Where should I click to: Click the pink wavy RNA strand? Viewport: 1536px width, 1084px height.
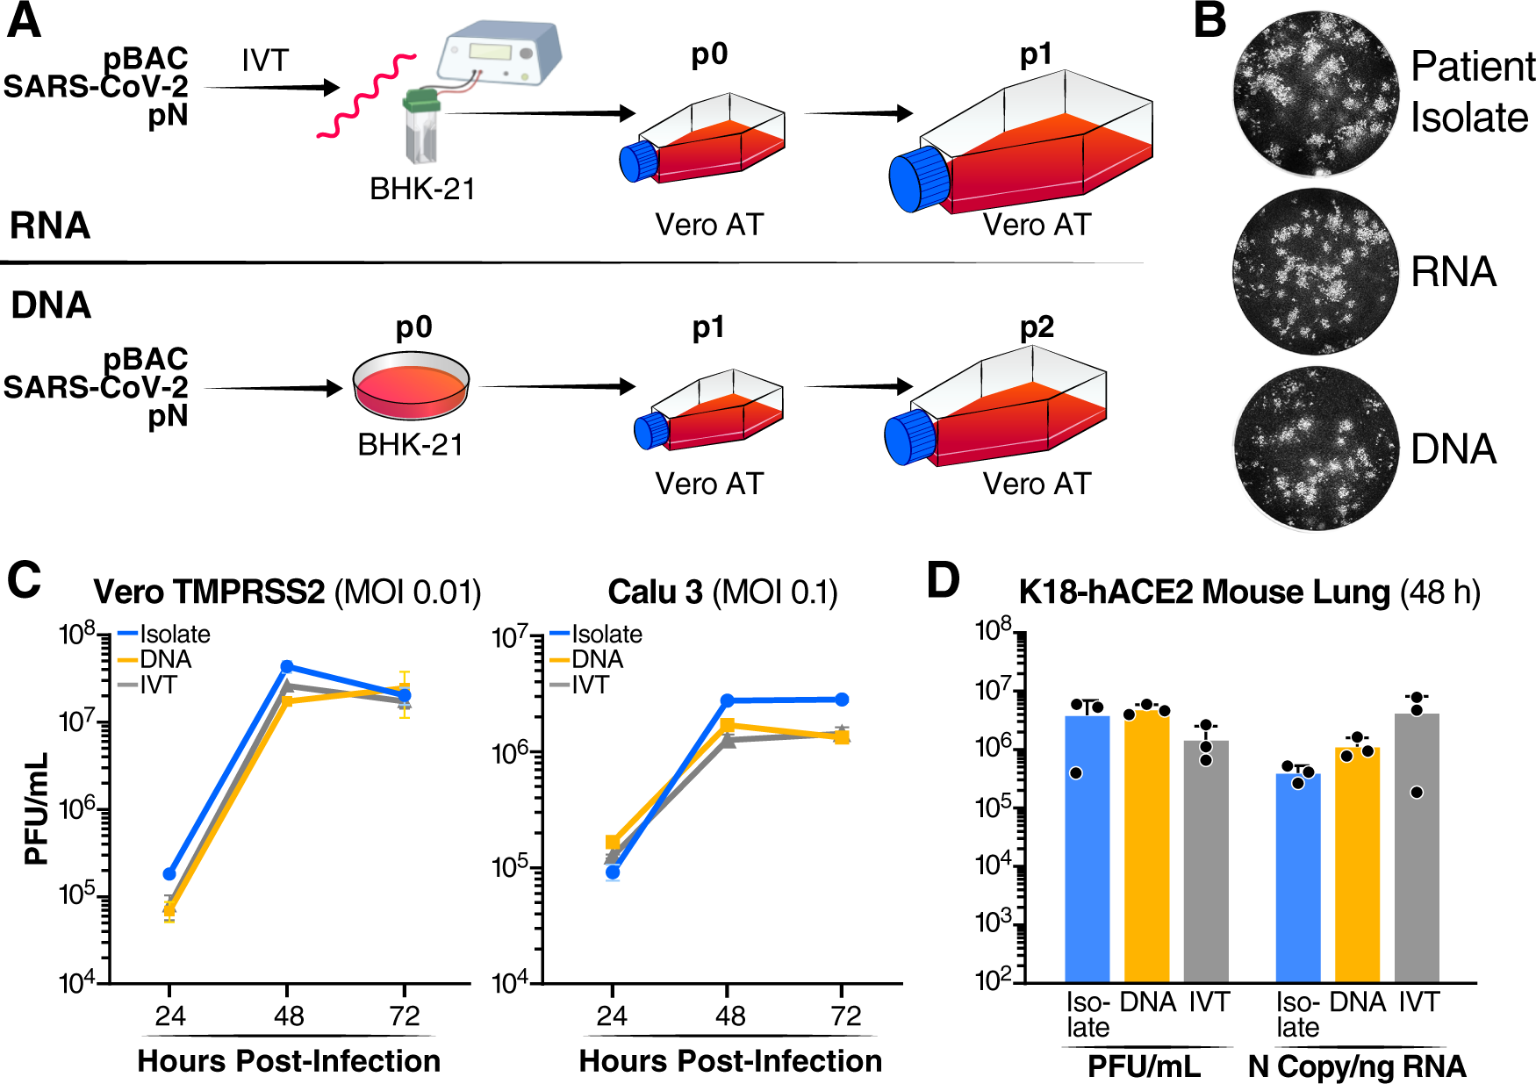(367, 97)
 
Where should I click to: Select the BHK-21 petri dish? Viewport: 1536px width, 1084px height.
(411, 386)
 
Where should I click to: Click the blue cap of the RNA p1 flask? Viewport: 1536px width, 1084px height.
(918, 180)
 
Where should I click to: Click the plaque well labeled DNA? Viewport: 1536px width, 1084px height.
(1315, 449)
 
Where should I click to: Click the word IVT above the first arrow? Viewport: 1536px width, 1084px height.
(264, 61)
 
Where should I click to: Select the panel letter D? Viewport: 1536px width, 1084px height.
(944, 580)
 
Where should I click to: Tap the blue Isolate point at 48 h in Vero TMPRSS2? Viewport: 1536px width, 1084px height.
(286, 667)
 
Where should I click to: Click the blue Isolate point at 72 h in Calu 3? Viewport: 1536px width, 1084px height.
(842, 700)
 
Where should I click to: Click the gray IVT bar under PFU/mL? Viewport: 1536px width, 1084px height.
(1206, 860)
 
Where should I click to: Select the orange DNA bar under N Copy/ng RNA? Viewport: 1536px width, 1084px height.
(1357, 865)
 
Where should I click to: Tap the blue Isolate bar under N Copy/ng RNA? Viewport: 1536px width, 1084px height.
(1297, 878)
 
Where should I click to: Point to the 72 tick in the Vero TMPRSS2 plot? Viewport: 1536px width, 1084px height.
(405, 1016)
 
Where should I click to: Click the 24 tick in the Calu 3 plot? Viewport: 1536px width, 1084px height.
(612, 1016)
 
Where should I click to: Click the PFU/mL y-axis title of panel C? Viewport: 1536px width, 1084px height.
(36, 808)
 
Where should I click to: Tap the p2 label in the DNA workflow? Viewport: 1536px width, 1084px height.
(1037, 327)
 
